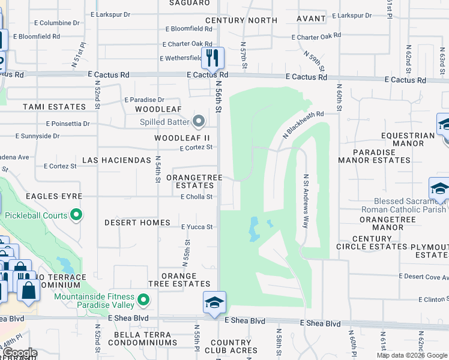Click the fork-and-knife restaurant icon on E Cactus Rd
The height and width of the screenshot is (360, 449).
212,58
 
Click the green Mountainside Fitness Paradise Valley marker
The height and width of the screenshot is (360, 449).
143,299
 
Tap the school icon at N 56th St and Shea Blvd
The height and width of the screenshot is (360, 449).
214,303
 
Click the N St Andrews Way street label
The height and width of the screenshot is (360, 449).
306,201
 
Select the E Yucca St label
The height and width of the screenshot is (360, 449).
197,227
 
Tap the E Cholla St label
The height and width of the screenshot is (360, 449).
196,197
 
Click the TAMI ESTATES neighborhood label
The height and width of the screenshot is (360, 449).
55,107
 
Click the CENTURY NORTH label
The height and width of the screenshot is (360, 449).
241,20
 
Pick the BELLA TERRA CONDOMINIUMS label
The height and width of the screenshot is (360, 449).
142,338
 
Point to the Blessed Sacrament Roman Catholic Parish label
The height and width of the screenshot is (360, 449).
410,205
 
